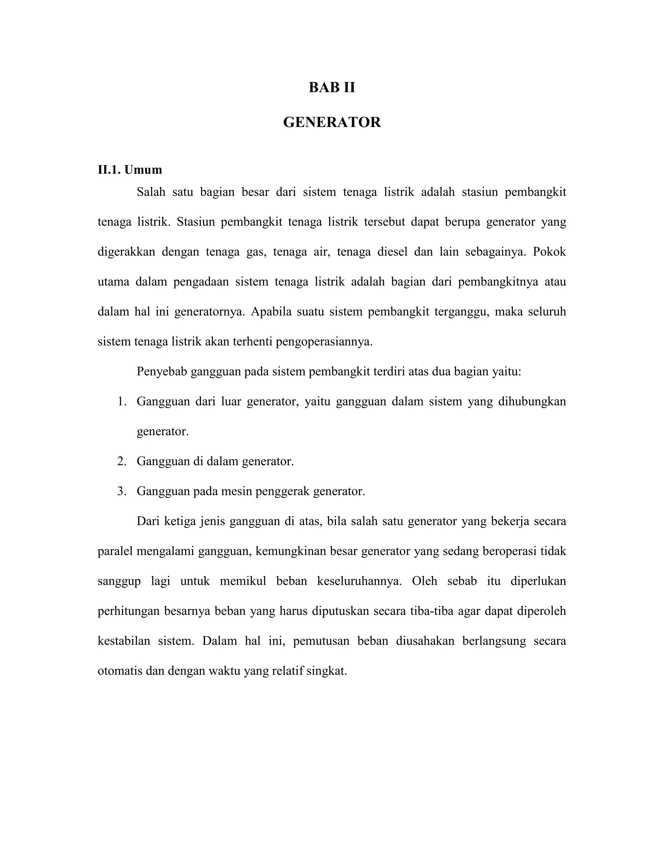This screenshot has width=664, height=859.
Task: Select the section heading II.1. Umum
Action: pos(130,170)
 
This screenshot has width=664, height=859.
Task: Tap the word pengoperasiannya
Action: pos(324,342)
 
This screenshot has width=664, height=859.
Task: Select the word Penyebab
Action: pos(162,372)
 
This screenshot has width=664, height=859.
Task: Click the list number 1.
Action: pos(122,402)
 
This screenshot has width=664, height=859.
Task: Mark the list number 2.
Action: pos(122,461)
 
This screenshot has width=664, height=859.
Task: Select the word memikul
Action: pos(243,581)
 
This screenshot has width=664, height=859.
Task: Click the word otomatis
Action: pos(120,671)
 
